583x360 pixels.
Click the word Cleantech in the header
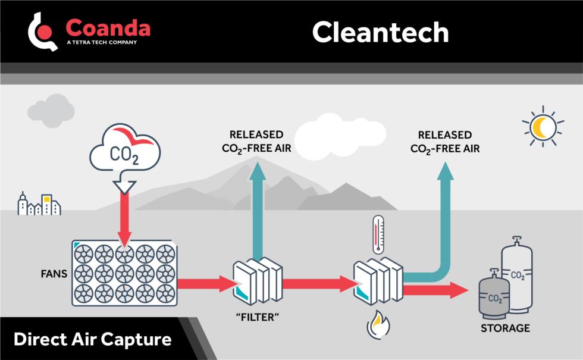click(x=380, y=32)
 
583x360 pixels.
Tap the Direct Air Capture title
click(x=92, y=340)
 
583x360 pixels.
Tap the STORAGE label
click(x=506, y=328)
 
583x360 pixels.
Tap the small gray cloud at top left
click(x=51, y=111)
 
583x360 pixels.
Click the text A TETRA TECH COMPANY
click(x=102, y=42)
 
